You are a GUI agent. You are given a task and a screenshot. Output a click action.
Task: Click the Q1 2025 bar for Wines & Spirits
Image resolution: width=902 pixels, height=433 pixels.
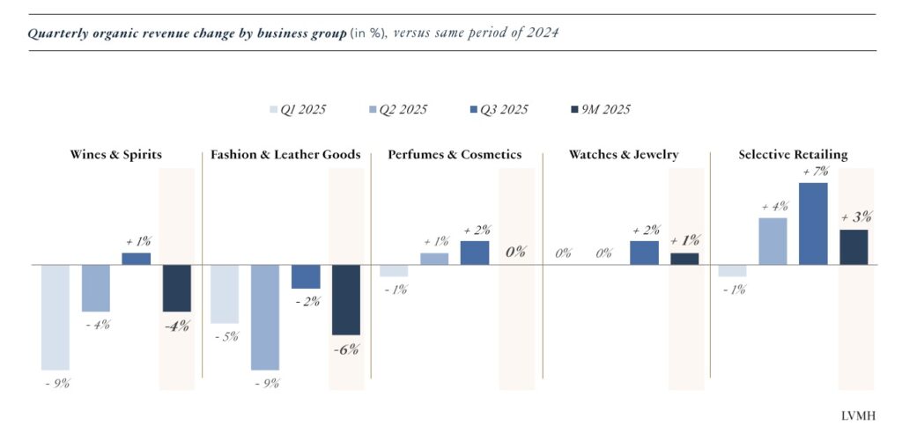(55, 317)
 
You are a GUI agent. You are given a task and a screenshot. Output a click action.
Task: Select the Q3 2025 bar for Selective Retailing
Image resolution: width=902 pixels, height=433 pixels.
(813, 224)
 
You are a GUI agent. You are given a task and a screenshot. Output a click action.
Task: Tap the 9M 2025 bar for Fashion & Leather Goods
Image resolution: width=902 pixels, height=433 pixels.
(345, 299)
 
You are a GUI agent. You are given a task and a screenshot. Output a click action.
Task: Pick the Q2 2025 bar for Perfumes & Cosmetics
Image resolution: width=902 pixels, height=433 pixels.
(433, 259)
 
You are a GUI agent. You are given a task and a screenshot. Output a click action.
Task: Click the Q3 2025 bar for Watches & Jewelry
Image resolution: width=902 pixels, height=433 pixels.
(644, 253)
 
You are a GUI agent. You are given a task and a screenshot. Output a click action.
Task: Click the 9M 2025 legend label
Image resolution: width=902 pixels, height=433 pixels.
(607, 110)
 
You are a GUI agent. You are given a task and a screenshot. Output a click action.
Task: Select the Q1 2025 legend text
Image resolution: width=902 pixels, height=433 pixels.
(303, 110)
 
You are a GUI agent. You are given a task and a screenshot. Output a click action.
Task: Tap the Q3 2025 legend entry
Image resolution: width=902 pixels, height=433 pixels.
(499, 110)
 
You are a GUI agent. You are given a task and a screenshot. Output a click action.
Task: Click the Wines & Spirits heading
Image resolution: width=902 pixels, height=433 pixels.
(116, 155)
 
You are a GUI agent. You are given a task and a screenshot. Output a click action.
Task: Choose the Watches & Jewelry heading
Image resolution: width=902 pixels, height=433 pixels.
(624, 155)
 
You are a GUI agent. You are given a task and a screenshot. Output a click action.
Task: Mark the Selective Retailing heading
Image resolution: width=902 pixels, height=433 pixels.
(793, 155)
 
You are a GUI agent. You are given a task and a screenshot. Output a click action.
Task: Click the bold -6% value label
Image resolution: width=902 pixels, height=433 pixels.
(345, 349)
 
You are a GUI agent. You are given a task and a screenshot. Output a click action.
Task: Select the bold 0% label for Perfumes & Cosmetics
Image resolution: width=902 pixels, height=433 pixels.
(515, 252)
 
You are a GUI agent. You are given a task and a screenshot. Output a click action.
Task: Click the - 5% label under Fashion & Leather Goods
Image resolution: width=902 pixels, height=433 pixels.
(225, 336)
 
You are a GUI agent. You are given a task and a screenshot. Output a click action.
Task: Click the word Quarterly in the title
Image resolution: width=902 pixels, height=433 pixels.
(57, 34)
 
